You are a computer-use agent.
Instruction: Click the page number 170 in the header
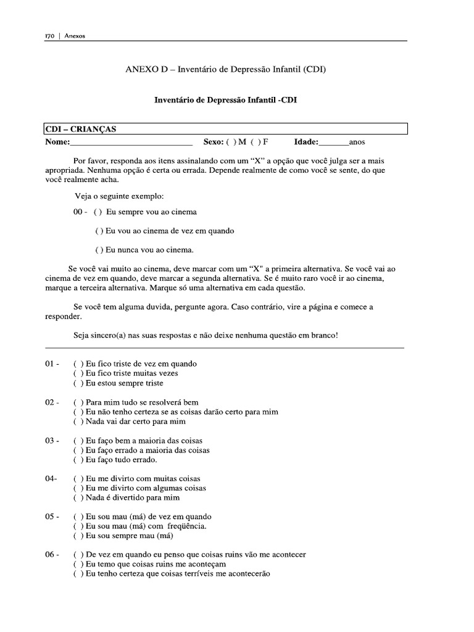click(x=51, y=36)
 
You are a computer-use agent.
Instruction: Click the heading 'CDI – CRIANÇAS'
click(x=81, y=129)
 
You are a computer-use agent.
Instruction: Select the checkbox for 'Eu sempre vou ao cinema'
click(x=98, y=212)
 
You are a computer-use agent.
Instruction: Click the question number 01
click(x=51, y=364)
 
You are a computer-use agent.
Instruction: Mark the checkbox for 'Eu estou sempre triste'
click(x=77, y=383)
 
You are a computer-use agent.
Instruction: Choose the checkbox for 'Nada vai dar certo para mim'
click(x=77, y=422)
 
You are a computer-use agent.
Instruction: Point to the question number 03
click(x=51, y=441)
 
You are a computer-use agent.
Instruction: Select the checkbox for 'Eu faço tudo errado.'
click(x=77, y=460)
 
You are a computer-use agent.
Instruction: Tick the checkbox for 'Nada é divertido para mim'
click(x=77, y=497)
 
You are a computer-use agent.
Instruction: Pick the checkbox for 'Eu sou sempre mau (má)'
click(x=77, y=536)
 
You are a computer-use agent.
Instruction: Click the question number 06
click(x=51, y=554)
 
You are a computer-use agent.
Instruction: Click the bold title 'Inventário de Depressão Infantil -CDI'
click(x=225, y=99)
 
